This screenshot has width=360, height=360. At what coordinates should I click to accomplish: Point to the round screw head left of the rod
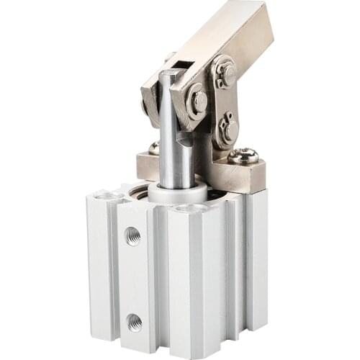153,148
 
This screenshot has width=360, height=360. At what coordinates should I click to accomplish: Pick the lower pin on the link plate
230,129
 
